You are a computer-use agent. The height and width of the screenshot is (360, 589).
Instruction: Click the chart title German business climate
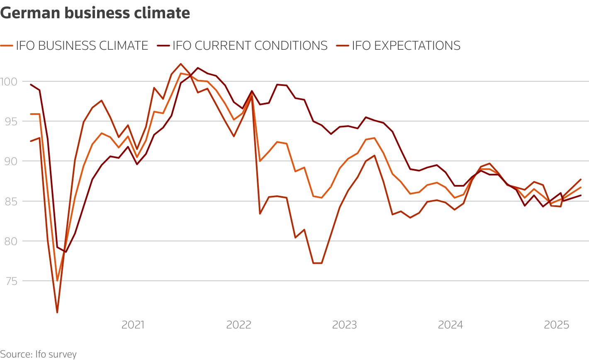(x=95, y=13)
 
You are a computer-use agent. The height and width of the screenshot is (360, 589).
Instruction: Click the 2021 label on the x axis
(x=133, y=325)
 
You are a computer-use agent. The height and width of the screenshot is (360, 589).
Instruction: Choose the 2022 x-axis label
(x=239, y=325)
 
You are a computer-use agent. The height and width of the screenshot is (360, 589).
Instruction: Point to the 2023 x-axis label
(x=344, y=325)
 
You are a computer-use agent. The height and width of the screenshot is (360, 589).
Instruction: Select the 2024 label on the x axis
(x=450, y=325)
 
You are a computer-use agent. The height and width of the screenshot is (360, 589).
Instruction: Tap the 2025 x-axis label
(x=556, y=325)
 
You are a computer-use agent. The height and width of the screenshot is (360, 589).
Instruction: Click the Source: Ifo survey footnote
(x=38, y=355)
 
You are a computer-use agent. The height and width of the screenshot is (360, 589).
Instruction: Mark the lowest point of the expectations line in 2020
(x=57, y=312)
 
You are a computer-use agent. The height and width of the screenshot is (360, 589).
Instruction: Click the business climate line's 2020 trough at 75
(x=57, y=281)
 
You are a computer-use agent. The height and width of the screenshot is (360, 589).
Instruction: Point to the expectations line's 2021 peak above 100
(x=180, y=64)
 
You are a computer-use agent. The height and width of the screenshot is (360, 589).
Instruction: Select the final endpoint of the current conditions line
(x=581, y=195)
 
